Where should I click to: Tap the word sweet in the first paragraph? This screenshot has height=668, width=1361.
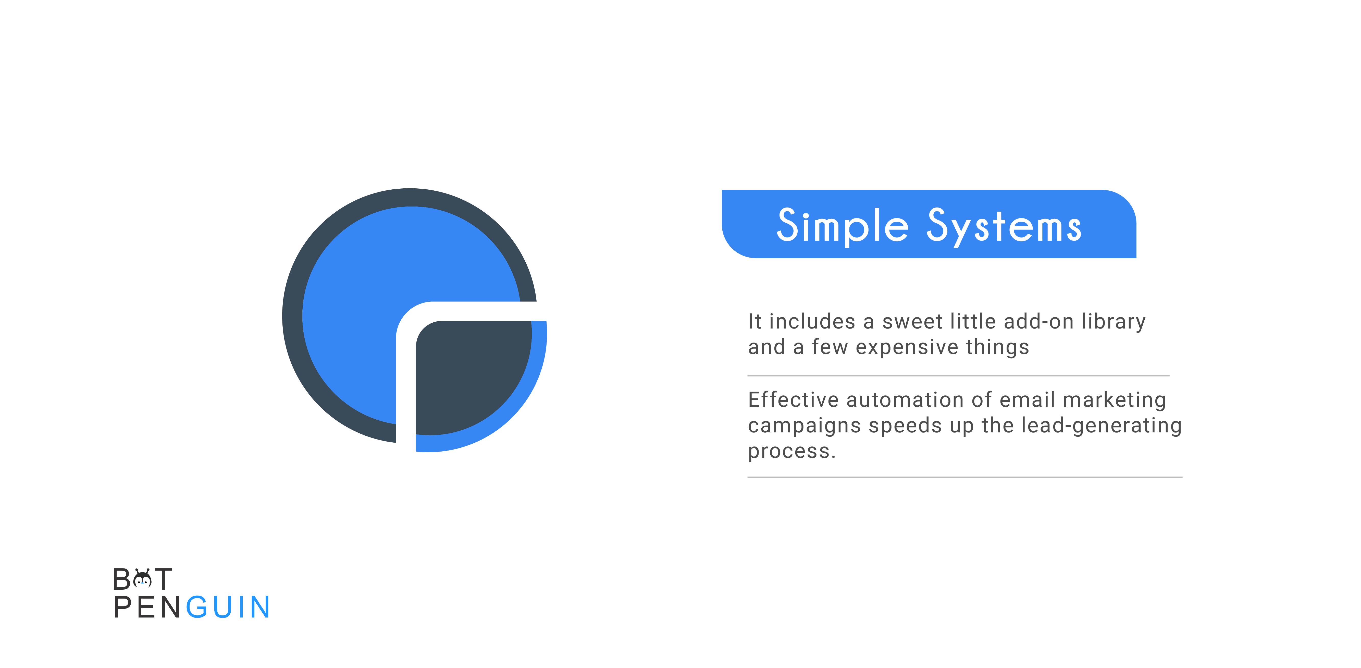(912, 321)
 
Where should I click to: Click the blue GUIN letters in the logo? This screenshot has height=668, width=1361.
(228, 607)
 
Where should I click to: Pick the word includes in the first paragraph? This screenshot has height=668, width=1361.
(812, 321)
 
